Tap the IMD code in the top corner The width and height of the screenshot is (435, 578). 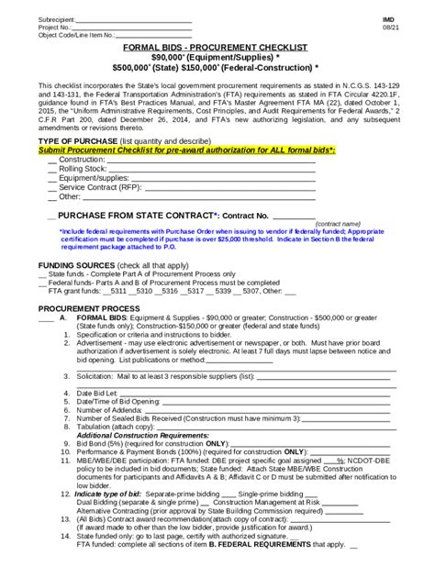click(388, 19)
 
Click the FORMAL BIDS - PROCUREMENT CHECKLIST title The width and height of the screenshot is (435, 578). click(216, 46)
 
